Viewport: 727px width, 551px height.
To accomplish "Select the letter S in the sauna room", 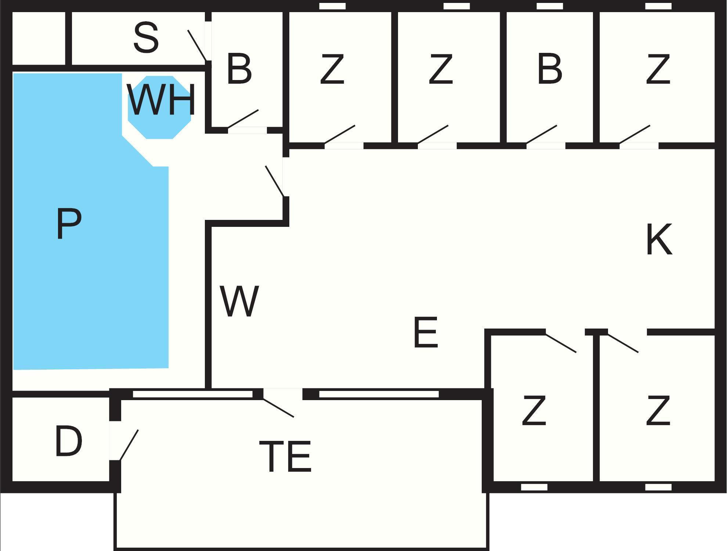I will coord(146,37).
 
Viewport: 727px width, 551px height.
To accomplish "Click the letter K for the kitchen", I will coord(659,239).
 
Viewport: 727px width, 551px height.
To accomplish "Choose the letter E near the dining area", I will coord(426,333).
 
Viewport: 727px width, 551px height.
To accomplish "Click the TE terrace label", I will coord(285,457).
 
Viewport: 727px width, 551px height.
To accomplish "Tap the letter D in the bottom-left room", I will coord(68,442).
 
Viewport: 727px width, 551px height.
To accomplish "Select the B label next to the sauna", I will coord(239,69).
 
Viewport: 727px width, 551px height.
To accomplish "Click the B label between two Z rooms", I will coord(549,69).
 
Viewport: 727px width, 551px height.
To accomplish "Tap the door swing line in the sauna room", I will coord(197,46).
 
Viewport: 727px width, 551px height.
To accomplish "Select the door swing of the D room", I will coord(129,445).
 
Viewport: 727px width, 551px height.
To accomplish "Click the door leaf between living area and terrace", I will coord(278,408).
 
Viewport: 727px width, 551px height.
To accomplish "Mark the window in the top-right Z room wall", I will coord(658,6).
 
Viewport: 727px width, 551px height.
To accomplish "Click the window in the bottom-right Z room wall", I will coord(658,487).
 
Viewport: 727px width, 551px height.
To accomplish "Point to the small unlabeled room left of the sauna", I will coord(39,38).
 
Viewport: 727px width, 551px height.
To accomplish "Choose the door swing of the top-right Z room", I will coord(634,134).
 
